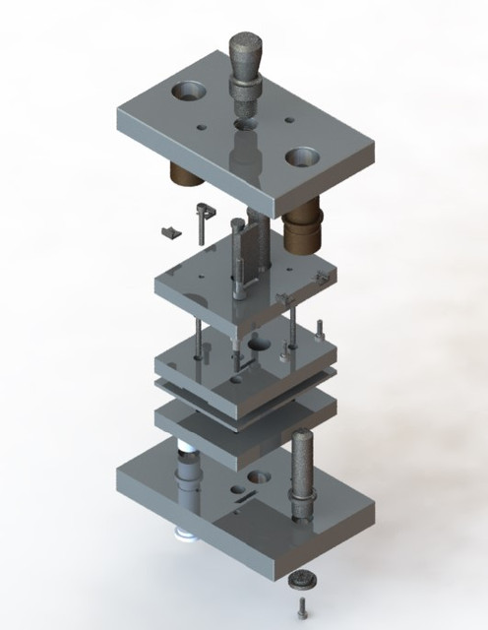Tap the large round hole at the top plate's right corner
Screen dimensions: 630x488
pyautogui.click(x=305, y=156)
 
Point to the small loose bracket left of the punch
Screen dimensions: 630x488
pyautogui.click(x=171, y=232)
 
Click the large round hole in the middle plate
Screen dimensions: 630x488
pyautogui.click(x=259, y=346)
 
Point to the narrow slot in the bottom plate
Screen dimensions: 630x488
pyautogui.click(x=259, y=476)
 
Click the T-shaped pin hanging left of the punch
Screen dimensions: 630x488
pyautogui.click(x=201, y=219)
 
